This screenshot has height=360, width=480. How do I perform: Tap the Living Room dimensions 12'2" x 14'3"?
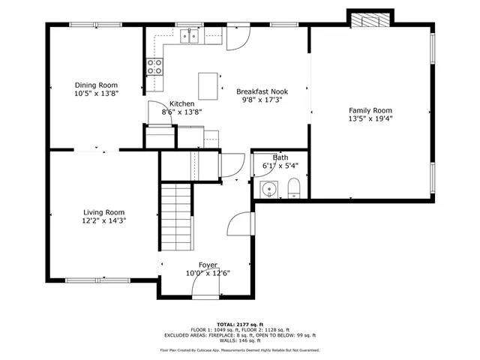coord(103,220)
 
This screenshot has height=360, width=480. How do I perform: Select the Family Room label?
coord(370,109)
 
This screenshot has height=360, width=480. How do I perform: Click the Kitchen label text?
coord(182,103)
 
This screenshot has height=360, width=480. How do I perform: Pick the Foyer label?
coord(208,265)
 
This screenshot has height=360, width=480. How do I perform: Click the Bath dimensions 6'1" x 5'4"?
coord(280,166)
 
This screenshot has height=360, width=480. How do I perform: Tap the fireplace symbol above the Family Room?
coord(370,18)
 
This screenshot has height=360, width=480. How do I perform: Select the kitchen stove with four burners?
coord(154,67)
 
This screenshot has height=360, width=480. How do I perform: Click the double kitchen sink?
coord(187,36)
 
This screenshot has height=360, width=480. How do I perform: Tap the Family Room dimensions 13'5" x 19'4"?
coord(370,118)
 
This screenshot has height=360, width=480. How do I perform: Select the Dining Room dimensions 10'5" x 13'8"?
coord(96,94)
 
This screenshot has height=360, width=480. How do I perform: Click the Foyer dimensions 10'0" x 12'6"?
coord(208,273)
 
